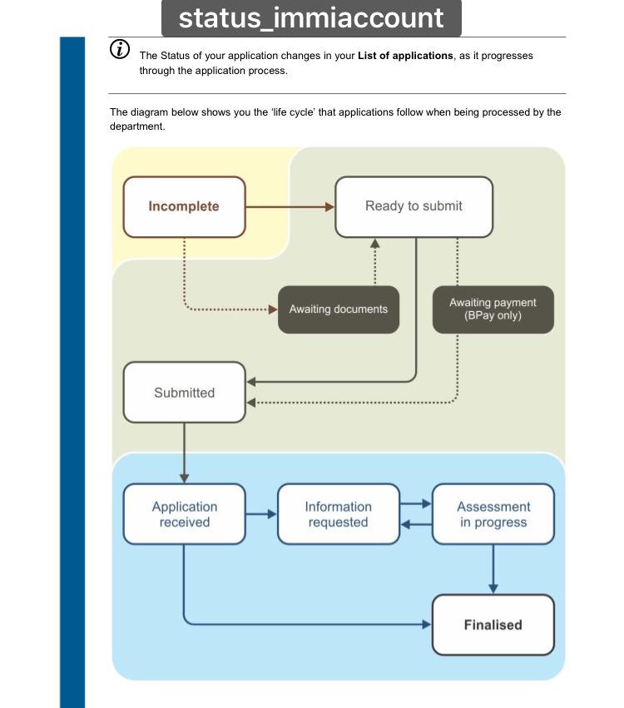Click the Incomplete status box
[184, 206]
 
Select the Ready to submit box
[414, 206]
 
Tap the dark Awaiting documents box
[338, 309]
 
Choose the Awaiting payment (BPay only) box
[493, 309]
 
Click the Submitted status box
[184, 393]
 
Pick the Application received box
[184, 514]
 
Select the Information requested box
[338, 514]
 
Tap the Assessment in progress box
[493, 514]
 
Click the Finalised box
[493, 625]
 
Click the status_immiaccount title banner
[311, 17]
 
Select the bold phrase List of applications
[405, 56]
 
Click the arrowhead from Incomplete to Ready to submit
[329, 206]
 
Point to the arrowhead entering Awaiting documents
[273, 309]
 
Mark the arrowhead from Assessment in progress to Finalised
[493, 589]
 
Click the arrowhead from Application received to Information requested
[272, 514]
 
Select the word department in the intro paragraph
[137, 126]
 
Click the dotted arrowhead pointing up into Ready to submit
[374, 243]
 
